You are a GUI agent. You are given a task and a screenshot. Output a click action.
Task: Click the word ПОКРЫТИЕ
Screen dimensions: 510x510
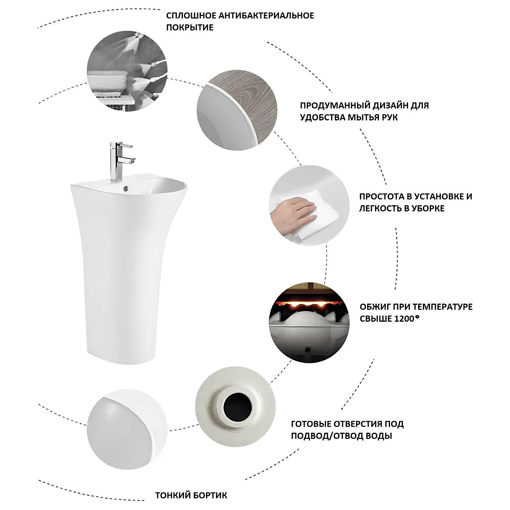coord(189,27)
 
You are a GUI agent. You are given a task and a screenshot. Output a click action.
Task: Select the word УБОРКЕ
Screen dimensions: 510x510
coord(424,208)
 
